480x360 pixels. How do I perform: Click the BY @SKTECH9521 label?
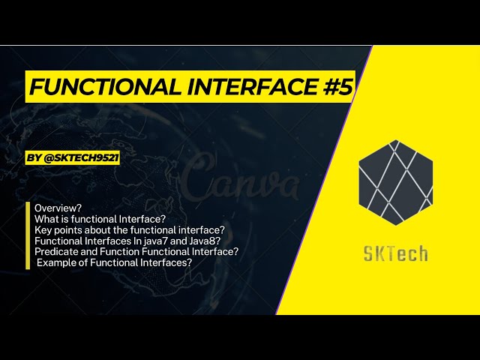[x=73, y=159]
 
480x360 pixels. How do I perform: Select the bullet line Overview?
[x=58, y=207]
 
